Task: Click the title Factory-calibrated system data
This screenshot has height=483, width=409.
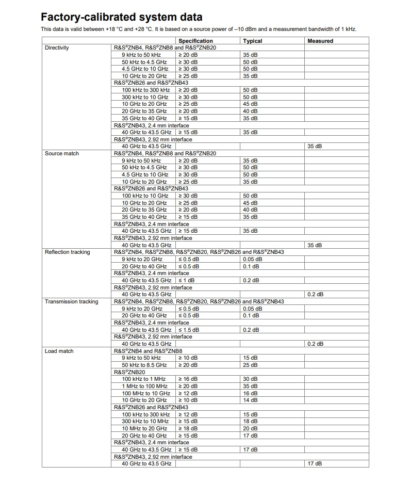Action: (x=121, y=17)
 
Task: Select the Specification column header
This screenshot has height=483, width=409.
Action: (x=195, y=41)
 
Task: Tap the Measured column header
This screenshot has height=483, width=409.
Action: (x=320, y=41)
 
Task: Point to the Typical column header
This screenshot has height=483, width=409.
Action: (x=253, y=41)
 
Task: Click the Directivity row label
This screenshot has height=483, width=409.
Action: (x=57, y=47)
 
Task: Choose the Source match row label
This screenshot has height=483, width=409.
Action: (x=62, y=153)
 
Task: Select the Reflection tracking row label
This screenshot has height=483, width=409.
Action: (x=67, y=252)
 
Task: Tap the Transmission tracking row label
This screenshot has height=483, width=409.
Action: (x=71, y=301)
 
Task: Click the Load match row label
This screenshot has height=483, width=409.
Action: (x=59, y=351)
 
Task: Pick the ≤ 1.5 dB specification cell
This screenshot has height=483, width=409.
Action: (x=189, y=330)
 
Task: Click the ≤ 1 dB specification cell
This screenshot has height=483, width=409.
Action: (x=186, y=280)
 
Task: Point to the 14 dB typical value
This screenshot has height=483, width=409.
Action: (x=250, y=400)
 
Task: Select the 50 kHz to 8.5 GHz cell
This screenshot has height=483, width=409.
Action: (x=144, y=365)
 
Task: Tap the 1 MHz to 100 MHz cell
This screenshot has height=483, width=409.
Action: (x=145, y=386)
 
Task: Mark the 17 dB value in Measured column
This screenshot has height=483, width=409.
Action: (x=315, y=464)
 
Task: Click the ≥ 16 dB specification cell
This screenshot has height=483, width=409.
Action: (x=188, y=379)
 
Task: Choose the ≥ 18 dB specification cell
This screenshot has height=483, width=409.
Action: (x=188, y=428)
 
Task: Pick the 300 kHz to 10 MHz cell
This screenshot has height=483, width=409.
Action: (x=145, y=421)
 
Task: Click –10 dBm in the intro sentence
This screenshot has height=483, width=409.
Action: (x=249, y=28)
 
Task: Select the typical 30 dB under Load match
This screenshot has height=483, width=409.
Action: (x=250, y=379)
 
